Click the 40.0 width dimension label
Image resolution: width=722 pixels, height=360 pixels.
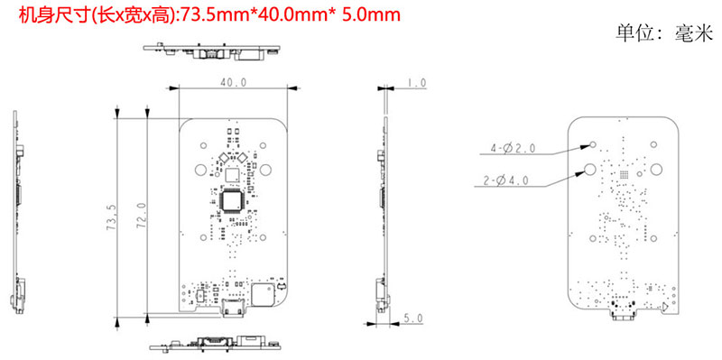click(233, 82)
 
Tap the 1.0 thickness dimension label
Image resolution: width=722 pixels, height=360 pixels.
click(416, 83)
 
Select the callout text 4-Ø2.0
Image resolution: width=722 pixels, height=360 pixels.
click(513, 146)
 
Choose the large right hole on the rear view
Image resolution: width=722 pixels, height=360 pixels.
click(656, 169)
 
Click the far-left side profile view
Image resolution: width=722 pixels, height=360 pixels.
click(17, 217)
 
